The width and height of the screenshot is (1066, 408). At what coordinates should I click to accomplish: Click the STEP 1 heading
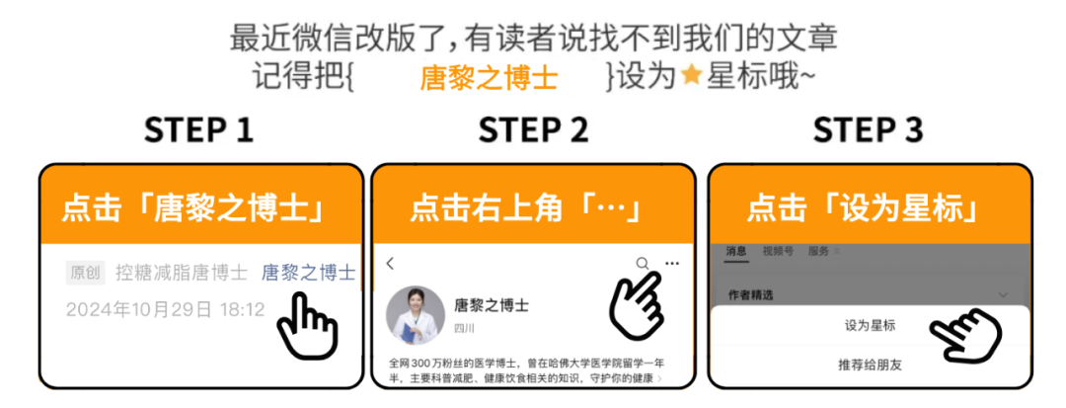198,130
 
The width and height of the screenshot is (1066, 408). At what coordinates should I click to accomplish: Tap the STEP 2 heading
533,130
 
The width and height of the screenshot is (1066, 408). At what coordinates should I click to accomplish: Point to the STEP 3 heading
868,130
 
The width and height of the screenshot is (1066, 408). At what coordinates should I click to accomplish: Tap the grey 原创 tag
86,273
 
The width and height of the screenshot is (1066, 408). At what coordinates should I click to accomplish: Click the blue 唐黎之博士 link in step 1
308,273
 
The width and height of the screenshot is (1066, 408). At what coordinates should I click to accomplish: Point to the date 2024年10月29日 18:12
166,309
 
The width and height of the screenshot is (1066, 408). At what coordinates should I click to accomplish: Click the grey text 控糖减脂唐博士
184,273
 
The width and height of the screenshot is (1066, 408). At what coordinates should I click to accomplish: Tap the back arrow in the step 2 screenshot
391,264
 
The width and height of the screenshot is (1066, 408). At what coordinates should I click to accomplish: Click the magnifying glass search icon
643,264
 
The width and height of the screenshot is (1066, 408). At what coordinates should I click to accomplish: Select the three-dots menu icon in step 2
672,264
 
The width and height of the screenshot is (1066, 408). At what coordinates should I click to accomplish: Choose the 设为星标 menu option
870,325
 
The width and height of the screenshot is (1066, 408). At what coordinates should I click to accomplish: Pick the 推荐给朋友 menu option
870,365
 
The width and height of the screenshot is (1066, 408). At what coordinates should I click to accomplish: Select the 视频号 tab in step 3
777,251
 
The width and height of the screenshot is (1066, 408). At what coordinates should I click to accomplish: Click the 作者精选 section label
750,294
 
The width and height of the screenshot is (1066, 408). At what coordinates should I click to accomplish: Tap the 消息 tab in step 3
736,251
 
